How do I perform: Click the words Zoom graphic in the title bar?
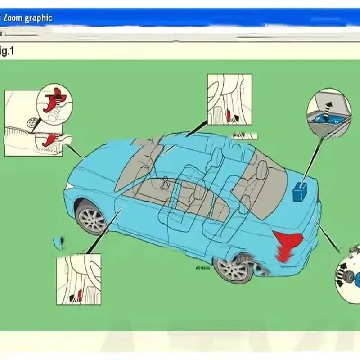[x=27, y=18]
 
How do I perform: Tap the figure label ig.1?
[x=7, y=51]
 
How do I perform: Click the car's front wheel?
[x=92, y=219]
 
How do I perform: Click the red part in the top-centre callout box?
[x=230, y=116]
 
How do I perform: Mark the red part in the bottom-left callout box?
[x=80, y=295]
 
